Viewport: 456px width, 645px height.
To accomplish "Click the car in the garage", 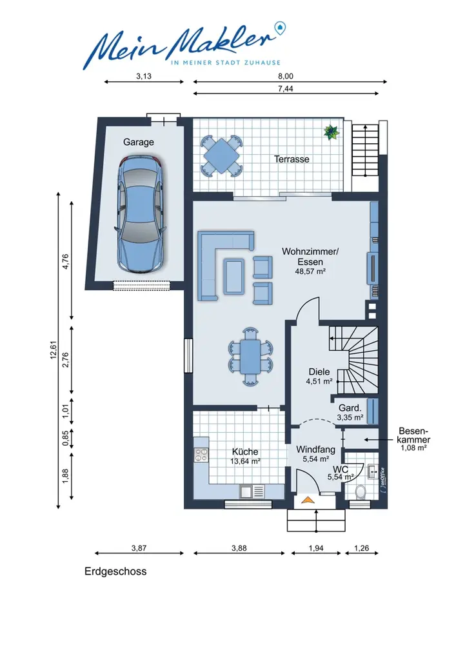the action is pyautogui.click(x=141, y=214).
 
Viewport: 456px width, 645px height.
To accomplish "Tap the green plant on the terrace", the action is pyautogui.click(x=331, y=132).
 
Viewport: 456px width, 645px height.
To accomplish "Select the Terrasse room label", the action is pyautogui.click(x=292, y=159).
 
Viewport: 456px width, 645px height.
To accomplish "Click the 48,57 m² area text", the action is pyautogui.click(x=310, y=272).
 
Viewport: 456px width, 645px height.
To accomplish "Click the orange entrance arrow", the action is pyautogui.click(x=308, y=500).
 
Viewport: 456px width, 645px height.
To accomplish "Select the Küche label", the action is pyautogui.click(x=245, y=451).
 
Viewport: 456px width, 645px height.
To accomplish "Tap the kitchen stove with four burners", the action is pyautogui.click(x=201, y=455).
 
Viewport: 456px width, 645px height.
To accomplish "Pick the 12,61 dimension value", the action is pyautogui.click(x=54, y=350).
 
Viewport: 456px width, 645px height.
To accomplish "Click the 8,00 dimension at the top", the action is pyautogui.click(x=285, y=76).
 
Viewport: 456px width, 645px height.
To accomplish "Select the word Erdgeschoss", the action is pyautogui.click(x=115, y=571).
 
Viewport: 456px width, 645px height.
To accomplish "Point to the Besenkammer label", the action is pyautogui.click(x=413, y=435).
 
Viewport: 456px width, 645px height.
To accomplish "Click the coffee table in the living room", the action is pyautogui.click(x=235, y=276).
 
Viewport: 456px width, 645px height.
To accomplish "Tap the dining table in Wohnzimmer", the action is pyautogui.click(x=250, y=356).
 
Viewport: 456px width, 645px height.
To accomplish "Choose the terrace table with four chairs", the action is pyautogui.click(x=222, y=156).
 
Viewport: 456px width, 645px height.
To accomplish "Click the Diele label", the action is pyautogui.click(x=319, y=372).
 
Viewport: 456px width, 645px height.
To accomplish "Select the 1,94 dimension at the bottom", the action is pyautogui.click(x=316, y=548).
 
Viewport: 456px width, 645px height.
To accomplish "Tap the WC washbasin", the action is pyautogui.click(x=373, y=471).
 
